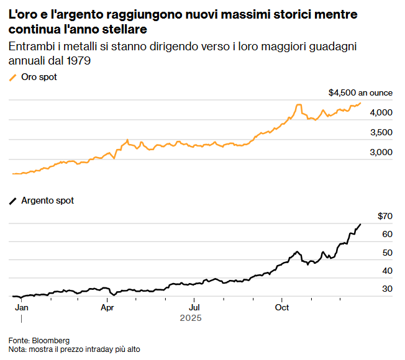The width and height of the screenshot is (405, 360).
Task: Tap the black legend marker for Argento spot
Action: [x=12, y=200]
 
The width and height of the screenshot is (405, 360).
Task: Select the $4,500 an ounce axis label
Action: [x=360, y=92]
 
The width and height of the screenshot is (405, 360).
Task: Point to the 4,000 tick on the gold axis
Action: [x=381, y=112]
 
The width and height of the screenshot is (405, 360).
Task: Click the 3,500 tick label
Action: [x=381, y=132]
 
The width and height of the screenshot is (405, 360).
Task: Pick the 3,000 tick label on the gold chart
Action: [x=381, y=152]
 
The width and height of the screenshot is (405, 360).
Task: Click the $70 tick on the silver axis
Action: [x=385, y=216]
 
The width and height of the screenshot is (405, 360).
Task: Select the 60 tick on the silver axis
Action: [x=388, y=234]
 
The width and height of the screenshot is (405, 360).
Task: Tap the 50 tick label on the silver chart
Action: [x=388, y=253]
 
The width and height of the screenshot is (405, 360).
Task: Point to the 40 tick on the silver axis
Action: [x=388, y=271]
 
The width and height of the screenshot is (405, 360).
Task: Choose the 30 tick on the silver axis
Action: [x=388, y=289]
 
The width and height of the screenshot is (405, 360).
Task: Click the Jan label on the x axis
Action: [x=21, y=307]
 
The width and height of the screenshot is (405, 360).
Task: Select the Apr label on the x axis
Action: [x=107, y=307]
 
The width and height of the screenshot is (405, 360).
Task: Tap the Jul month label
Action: [x=194, y=307]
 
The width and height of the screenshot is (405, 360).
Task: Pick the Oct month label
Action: [x=283, y=307]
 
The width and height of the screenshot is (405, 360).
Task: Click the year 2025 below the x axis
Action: [x=191, y=318]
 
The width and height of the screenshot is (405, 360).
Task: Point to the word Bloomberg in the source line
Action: [x=50, y=340]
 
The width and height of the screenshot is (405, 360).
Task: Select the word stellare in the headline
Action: [x=127, y=29]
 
